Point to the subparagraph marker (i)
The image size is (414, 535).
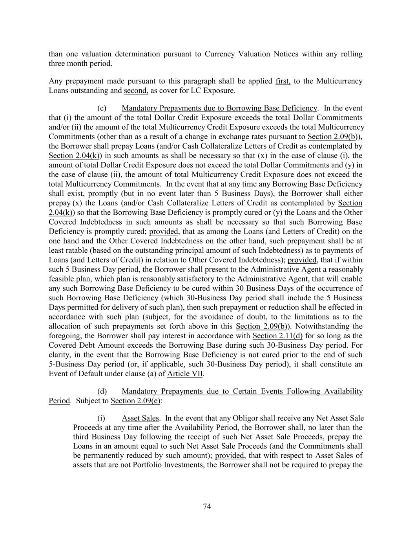pos(101,418)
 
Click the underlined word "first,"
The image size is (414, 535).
pos(283,81)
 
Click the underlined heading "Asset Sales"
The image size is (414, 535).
pos(140,418)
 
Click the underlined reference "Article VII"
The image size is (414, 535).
pos(185,374)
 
